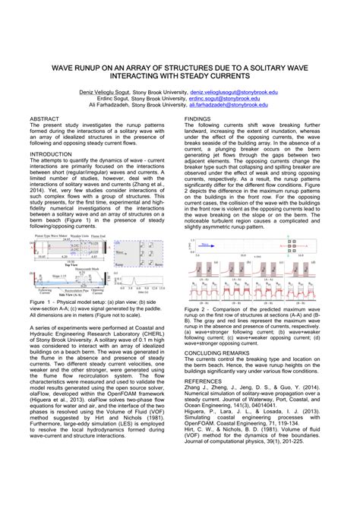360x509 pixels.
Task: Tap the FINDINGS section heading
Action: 198,120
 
